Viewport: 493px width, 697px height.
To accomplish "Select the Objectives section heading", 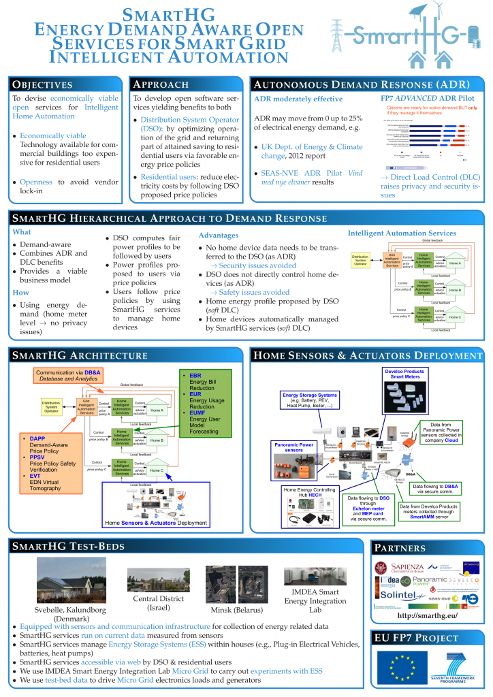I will [x=42, y=84].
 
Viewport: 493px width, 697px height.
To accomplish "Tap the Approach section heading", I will [x=161, y=84].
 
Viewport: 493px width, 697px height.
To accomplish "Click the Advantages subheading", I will [x=218, y=235].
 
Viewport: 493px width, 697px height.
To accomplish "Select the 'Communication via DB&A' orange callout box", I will [x=67, y=376].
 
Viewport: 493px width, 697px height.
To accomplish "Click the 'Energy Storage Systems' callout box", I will [x=308, y=401].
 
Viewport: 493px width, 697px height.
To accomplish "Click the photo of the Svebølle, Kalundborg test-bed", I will [x=65, y=581].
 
